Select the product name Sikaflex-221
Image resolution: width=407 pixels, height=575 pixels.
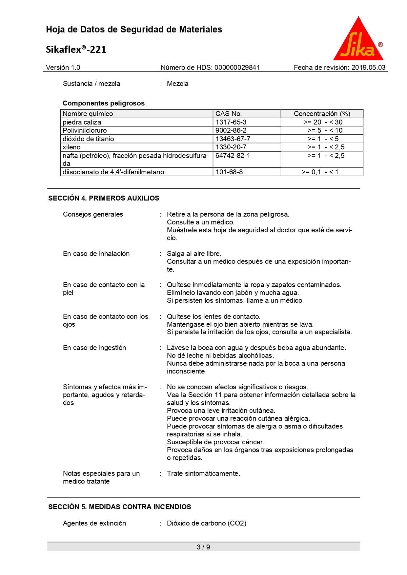(76, 49)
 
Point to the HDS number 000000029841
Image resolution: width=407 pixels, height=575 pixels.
(237, 67)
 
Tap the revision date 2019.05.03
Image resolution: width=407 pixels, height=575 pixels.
(368, 67)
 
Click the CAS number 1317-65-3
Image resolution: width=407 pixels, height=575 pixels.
(231, 122)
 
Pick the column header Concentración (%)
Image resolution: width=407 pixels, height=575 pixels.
(322, 114)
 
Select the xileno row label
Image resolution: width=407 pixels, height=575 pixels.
(71, 147)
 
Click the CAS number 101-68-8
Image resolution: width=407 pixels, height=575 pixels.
(229, 172)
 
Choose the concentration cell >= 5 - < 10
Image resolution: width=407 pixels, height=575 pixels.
(325, 130)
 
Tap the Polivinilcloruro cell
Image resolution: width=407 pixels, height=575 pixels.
(85, 130)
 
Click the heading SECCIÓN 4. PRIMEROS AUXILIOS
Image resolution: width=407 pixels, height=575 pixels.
(104, 198)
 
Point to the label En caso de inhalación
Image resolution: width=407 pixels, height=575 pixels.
(96, 254)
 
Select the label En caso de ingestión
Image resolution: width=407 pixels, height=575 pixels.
(94, 348)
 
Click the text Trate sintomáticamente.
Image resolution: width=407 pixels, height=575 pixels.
(203, 473)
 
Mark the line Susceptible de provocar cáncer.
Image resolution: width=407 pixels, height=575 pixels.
(215, 442)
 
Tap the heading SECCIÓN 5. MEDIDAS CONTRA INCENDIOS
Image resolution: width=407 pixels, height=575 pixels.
(119, 507)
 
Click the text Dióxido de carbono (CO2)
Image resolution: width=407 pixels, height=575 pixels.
(207, 523)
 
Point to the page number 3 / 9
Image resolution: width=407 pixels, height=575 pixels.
(203, 547)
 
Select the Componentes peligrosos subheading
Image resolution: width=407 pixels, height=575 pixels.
(104, 103)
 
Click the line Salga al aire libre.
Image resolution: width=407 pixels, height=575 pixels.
(194, 254)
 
